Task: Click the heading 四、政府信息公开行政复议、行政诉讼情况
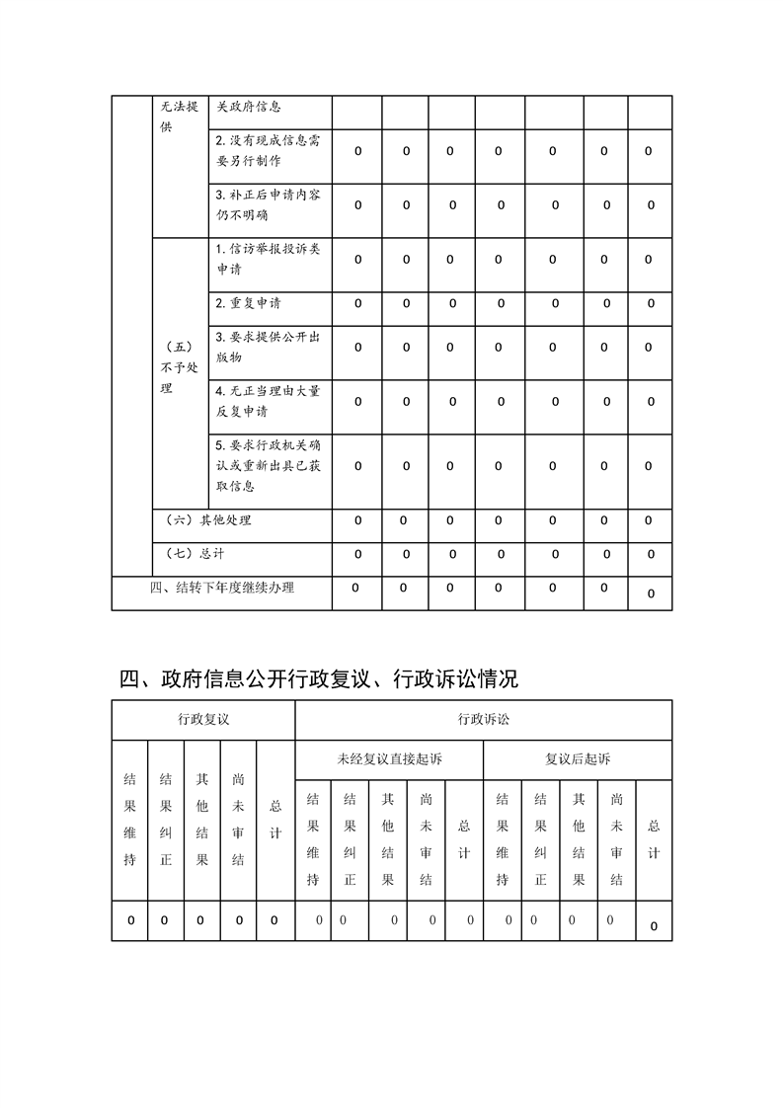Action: tap(319, 679)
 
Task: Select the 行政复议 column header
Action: tap(203, 720)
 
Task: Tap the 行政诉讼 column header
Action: tap(483, 720)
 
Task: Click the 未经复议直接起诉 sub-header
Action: tap(389, 759)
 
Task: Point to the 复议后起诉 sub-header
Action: tap(578, 759)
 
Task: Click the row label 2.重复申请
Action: tap(248, 303)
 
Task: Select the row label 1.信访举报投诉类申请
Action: tap(268, 259)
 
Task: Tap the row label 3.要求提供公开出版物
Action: tap(268, 348)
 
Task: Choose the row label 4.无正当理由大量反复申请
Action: tap(268, 401)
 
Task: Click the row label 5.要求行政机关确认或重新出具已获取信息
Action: tap(268, 465)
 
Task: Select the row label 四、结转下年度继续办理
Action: tap(221, 589)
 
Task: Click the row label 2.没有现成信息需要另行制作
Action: tap(268, 151)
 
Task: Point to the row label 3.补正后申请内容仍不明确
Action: tap(268, 205)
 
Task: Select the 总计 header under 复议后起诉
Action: tap(654, 839)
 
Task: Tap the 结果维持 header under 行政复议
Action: tap(129, 820)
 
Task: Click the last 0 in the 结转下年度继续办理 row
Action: tap(651, 594)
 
